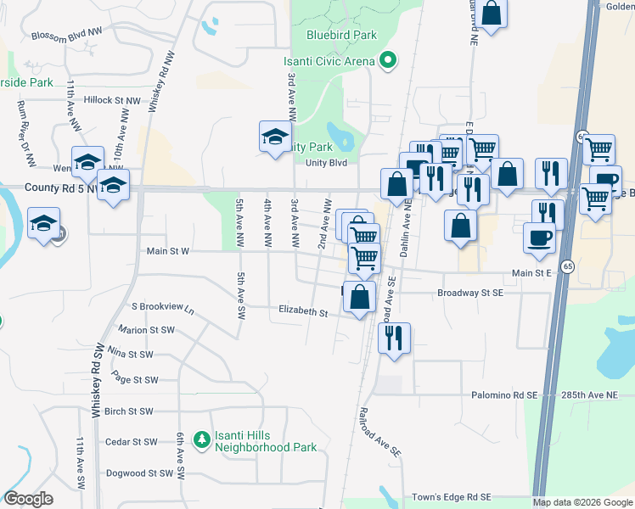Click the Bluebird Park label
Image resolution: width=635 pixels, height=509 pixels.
(341, 36)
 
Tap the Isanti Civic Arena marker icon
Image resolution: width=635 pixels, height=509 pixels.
(388, 60)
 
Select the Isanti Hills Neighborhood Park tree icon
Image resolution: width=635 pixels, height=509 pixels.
(201, 439)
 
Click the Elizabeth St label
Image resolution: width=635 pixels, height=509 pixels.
(303, 312)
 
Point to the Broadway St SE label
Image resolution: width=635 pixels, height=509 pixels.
(469, 293)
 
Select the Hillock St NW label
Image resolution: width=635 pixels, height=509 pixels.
(112, 100)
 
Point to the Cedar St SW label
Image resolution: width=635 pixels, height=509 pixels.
(132, 442)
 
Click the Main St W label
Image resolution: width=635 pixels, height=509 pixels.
(167, 251)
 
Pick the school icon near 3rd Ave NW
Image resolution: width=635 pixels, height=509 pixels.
(275, 137)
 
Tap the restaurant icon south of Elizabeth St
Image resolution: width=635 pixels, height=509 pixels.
(393, 338)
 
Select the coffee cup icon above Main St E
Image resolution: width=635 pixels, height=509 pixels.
(539, 237)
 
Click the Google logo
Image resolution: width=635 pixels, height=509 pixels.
(29, 499)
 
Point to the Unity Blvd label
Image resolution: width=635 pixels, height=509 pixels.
(327, 163)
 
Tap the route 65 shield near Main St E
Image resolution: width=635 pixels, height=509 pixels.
(568, 266)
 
